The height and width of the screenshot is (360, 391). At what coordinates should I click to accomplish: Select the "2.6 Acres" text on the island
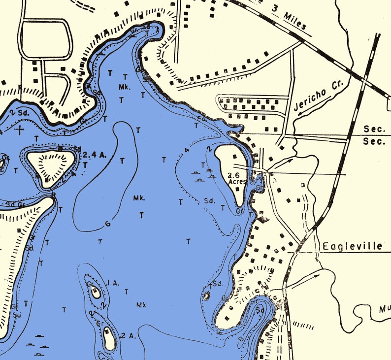coord(237,178)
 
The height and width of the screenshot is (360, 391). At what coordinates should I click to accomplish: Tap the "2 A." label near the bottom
coord(128,336)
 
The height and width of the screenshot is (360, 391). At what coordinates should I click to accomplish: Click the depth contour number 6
coord(107,225)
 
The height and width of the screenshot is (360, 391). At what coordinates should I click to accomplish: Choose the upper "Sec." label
coord(374,129)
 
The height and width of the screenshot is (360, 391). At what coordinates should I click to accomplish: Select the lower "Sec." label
coord(374,141)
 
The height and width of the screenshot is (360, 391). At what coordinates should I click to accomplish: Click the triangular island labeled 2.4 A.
coord(50,163)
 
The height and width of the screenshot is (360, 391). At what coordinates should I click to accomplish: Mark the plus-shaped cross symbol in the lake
coord(20,130)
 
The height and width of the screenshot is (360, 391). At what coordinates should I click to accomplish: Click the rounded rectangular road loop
coord(45,39)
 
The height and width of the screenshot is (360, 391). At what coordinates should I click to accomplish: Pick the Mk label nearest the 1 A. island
coord(141,305)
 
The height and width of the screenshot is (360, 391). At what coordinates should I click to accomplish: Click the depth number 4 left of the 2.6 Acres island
coord(187,151)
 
